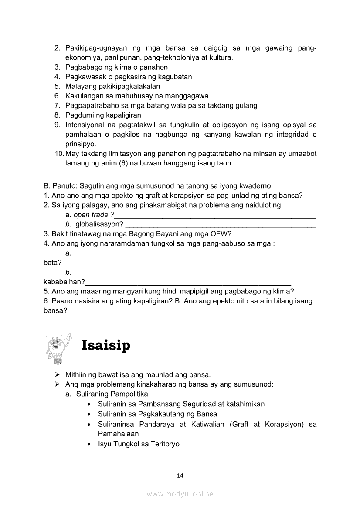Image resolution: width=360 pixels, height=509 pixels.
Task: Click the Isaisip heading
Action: pos(105,345)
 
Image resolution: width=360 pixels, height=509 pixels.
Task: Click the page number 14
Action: pos(180,475)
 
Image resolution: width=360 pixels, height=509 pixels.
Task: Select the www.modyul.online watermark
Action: pos(180,494)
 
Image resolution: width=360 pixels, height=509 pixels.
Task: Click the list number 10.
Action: pos(59,154)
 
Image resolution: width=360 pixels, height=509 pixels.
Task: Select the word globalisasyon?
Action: pos(100,224)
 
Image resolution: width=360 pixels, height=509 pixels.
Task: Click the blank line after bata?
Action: pos(177,263)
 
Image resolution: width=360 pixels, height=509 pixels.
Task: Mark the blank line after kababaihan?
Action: pos(188,283)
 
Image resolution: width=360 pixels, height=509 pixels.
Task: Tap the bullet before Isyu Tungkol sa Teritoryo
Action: pos(89,444)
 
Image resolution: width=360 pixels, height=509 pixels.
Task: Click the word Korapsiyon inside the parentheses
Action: pos(284,424)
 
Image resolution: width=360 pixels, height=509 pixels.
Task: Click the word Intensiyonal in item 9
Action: pos(85,125)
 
